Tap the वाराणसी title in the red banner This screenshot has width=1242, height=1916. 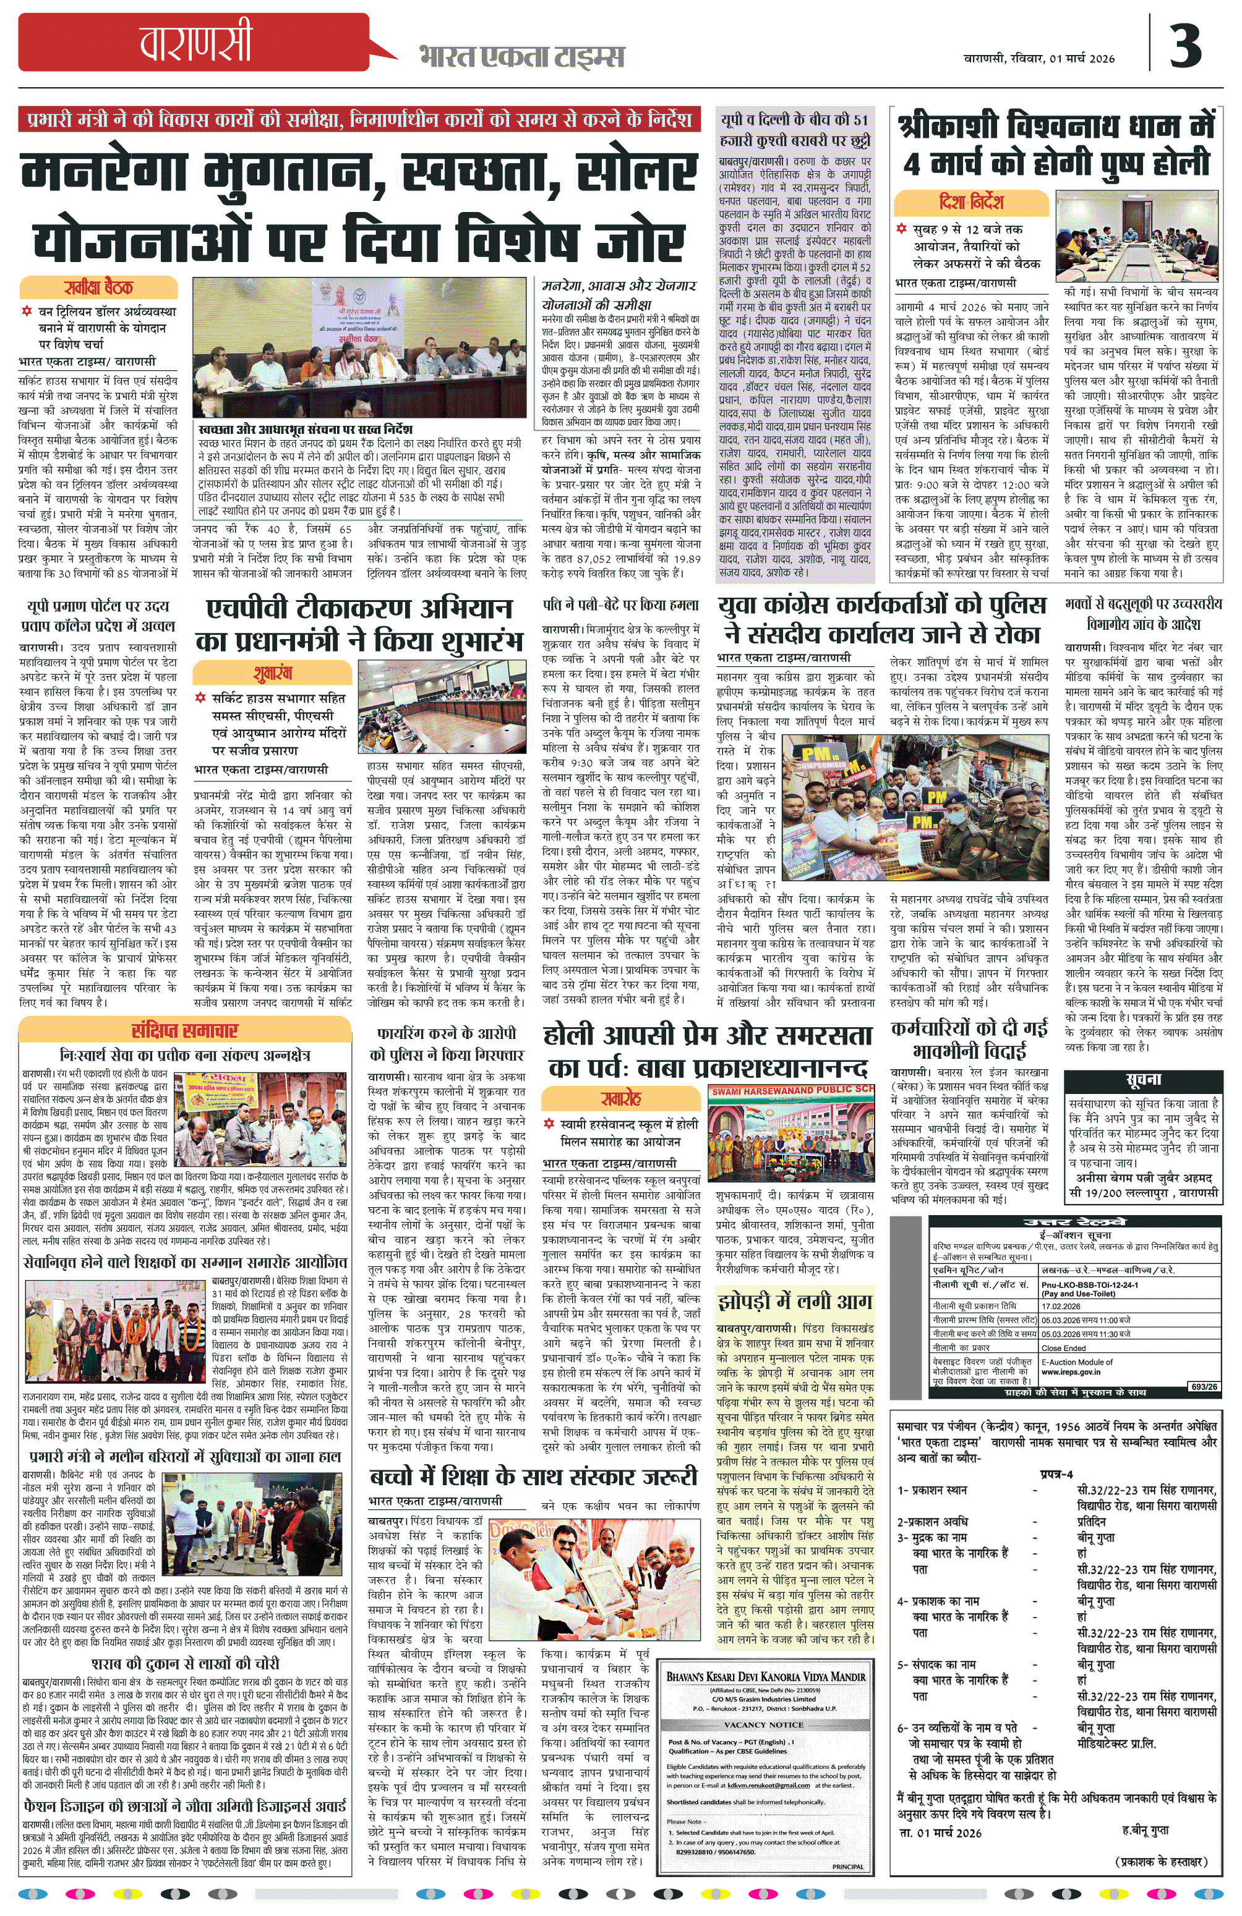195,43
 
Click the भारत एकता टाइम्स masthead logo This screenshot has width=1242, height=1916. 521,57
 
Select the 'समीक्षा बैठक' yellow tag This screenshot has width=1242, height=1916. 98,287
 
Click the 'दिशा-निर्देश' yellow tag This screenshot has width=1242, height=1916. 970,201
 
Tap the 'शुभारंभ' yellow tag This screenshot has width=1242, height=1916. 272,673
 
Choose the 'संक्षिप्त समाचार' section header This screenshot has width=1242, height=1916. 184,1030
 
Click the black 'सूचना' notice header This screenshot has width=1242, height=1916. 1143,1080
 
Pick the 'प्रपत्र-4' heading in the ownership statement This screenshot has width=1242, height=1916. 1056,1474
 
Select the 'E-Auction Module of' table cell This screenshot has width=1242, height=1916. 1077,1362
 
